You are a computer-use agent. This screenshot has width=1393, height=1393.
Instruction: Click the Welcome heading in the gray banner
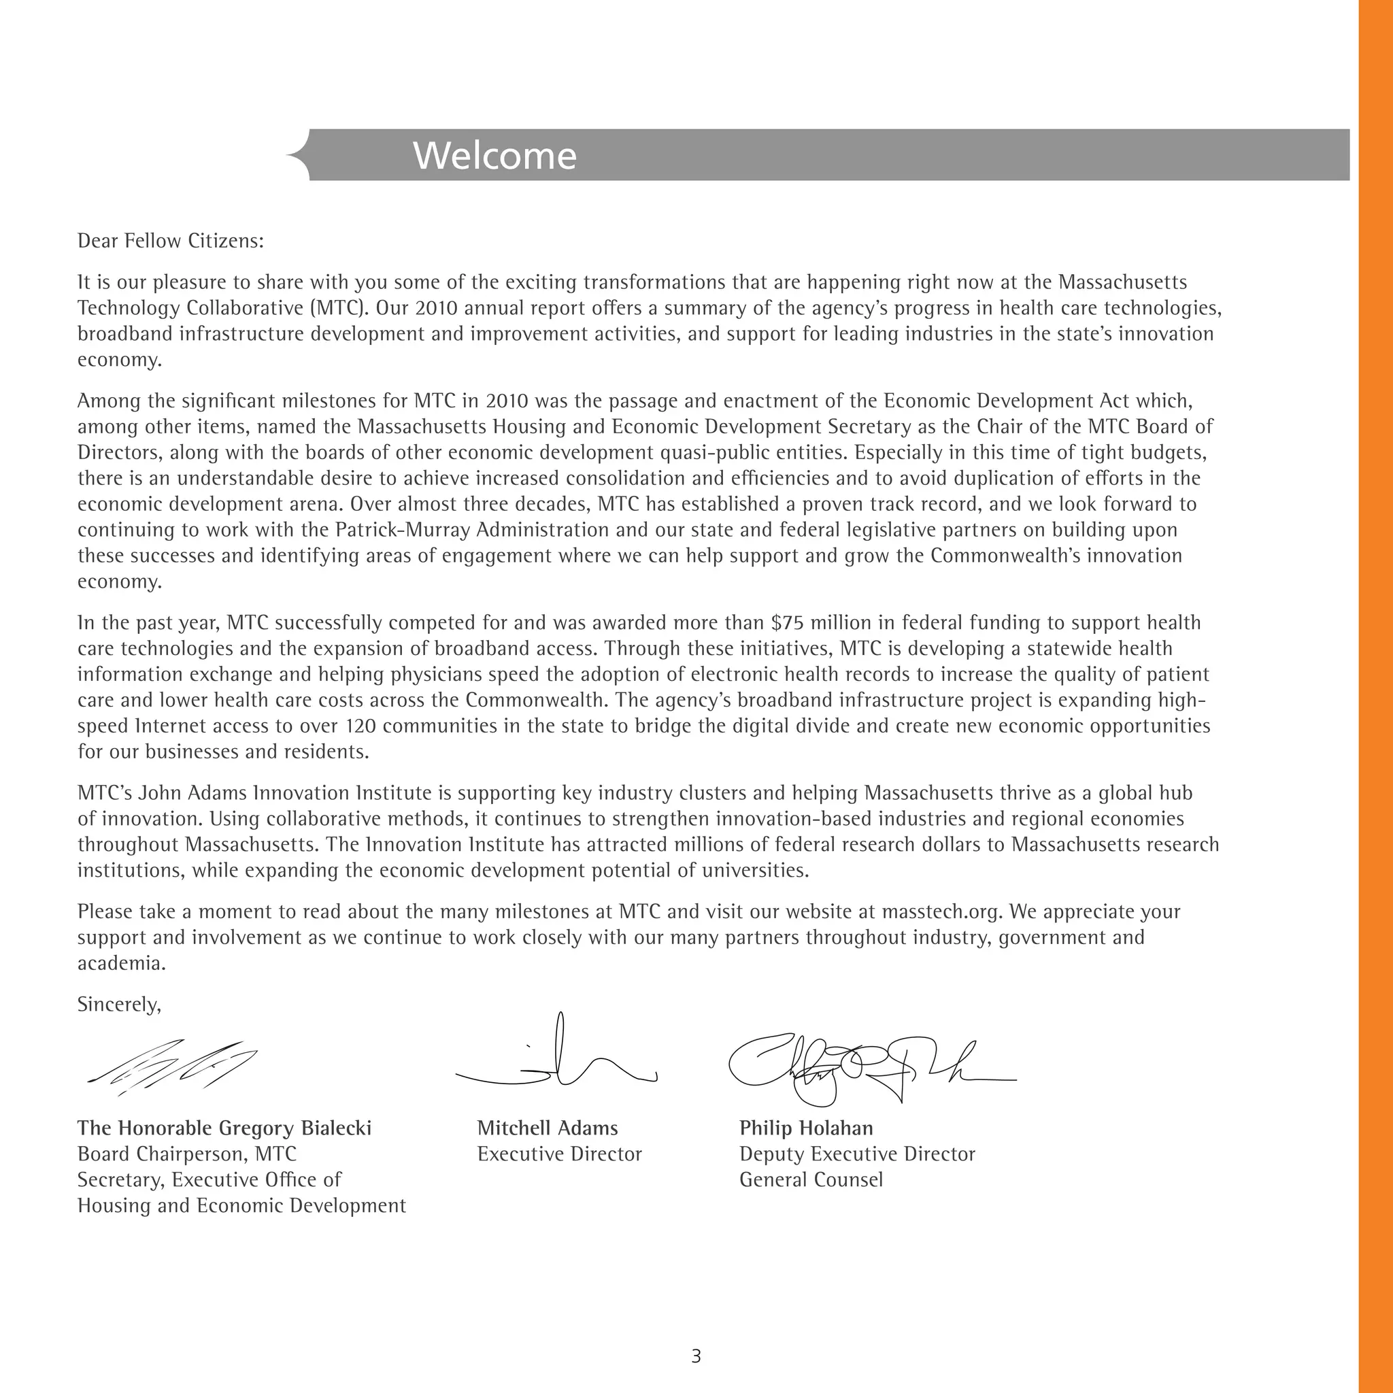(494, 156)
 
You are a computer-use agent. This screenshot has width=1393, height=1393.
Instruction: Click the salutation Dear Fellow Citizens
(170, 241)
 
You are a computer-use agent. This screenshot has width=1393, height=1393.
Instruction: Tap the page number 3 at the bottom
(696, 1356)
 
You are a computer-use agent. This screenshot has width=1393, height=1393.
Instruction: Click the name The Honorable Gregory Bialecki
(224, 1128)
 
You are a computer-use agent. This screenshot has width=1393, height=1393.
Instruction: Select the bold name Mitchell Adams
(548, 1128)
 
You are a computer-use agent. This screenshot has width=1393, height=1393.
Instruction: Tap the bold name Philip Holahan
(805, 1128)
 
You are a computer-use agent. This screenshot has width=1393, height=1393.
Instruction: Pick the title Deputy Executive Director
(856, 1154)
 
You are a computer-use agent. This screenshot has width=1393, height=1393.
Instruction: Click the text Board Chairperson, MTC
(187, 1154)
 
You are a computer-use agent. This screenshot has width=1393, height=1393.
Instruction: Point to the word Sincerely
(119, 1005)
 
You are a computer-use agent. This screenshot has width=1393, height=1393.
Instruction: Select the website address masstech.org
(941, 912)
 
